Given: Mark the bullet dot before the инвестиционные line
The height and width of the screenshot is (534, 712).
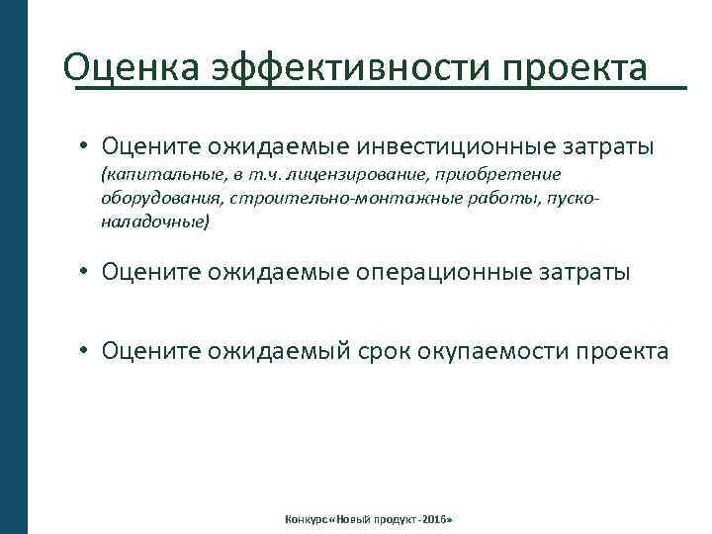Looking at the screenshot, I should point(87,147).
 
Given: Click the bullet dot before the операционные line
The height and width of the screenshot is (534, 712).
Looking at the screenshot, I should point(87,271).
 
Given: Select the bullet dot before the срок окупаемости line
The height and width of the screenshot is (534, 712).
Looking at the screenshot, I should point(87,350).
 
